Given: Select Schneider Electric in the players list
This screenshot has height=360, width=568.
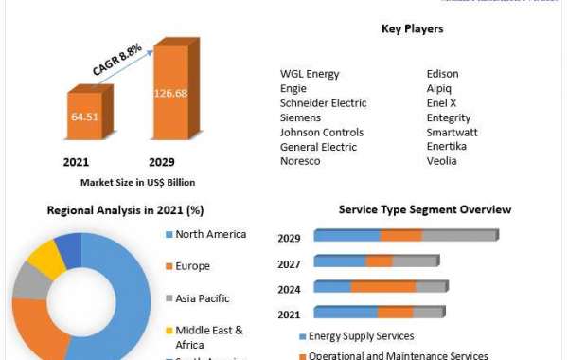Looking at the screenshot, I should point(323,102).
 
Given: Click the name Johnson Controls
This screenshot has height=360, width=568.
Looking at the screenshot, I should point(321,132).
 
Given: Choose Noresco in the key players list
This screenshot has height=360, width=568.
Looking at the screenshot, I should point(300,161).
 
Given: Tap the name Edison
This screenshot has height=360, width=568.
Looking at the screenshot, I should point(445,73).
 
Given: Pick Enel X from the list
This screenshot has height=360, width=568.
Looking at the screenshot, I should point(444,102).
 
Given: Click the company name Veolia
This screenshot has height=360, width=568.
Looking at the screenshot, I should point(442,161).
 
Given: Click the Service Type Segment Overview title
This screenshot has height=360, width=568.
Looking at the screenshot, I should point(425,209).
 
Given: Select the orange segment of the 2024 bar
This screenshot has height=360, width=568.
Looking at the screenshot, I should point(383,286).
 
